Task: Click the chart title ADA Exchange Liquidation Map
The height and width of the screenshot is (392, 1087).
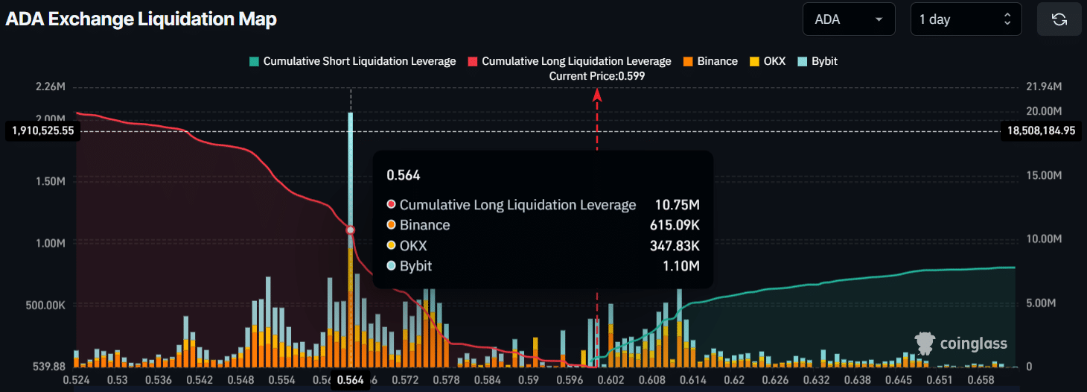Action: point(141,19)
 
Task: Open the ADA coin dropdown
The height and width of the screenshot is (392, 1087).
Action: point(849,19)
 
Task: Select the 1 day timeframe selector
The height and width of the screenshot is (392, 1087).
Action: point(966,19)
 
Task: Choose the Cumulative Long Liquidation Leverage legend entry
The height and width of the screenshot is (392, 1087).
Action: point(569,61)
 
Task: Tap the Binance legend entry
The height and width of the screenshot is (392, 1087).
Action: point(710,61)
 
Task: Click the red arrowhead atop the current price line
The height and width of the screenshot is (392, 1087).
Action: point(596,94)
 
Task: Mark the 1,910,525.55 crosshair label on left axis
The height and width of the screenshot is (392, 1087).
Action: point(42,130)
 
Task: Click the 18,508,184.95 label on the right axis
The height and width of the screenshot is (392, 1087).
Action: point(1041,130)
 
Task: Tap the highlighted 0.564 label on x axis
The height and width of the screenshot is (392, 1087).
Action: point(350,379)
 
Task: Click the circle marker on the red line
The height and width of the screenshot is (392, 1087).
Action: point(351,230)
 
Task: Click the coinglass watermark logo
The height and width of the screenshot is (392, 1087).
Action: point(961,344)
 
